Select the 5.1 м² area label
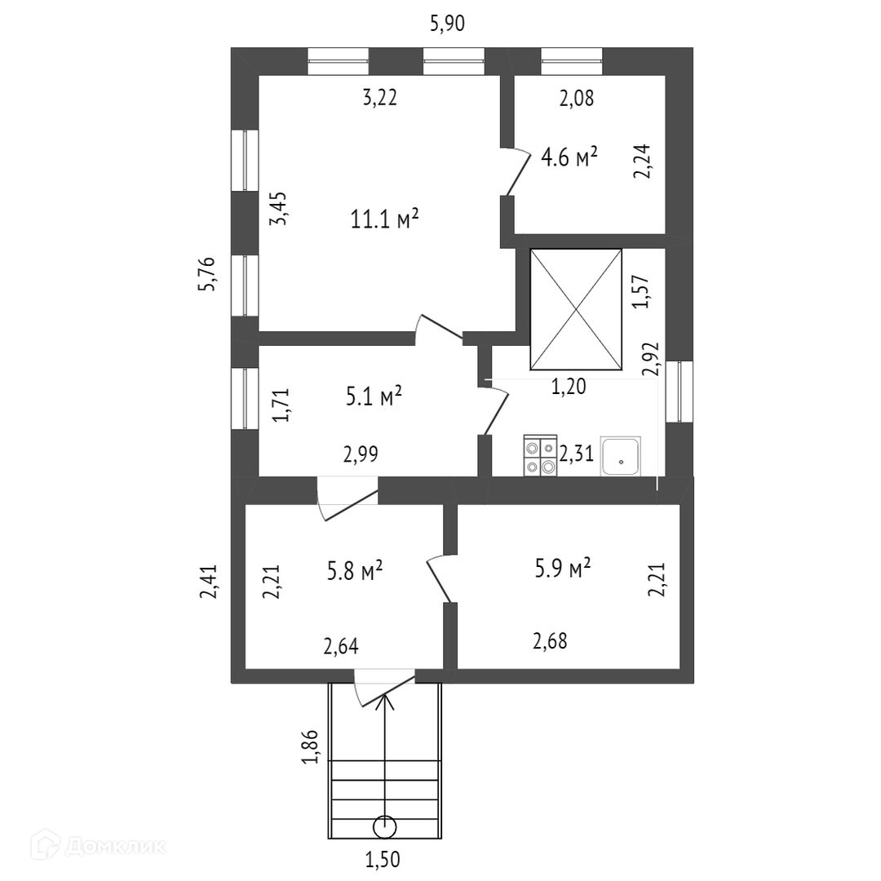click(374, 397)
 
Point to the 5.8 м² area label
click(356, 571)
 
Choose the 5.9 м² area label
click(563, 568)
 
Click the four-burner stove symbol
click(540, 456)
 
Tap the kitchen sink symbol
click(622, 456)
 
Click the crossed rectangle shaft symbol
click(575, 309)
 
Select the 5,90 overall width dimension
click(447, 24)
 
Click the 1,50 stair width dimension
click(383, 859)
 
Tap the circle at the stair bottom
click(384, 827)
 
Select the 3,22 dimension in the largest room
click(379, 98)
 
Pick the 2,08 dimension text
click(576, 99)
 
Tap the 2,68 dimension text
click(550, 640)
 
